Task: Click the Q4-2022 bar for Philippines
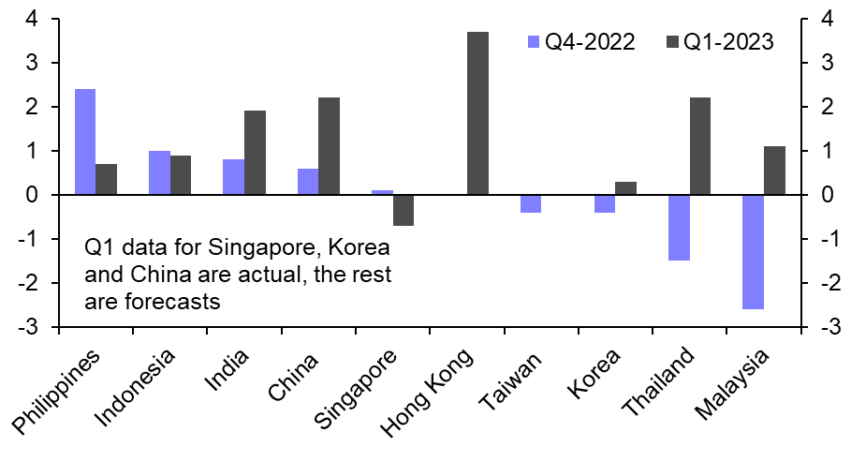pos(85,142)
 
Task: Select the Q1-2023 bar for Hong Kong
pos(477,113)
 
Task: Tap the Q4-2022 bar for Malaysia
pos(754,251)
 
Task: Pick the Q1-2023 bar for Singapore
pos(403,210)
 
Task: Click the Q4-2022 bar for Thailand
pos(680,227)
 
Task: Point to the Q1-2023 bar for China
pos(330,146)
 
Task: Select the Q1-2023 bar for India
pos(256,153)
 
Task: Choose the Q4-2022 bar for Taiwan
pos(531,203)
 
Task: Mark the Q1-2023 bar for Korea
pos(626,188)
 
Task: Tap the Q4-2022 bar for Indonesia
pos(159,172)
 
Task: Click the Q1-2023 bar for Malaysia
pos(775,171)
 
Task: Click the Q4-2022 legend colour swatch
pos(535,42)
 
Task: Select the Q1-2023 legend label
pos(727,42)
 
